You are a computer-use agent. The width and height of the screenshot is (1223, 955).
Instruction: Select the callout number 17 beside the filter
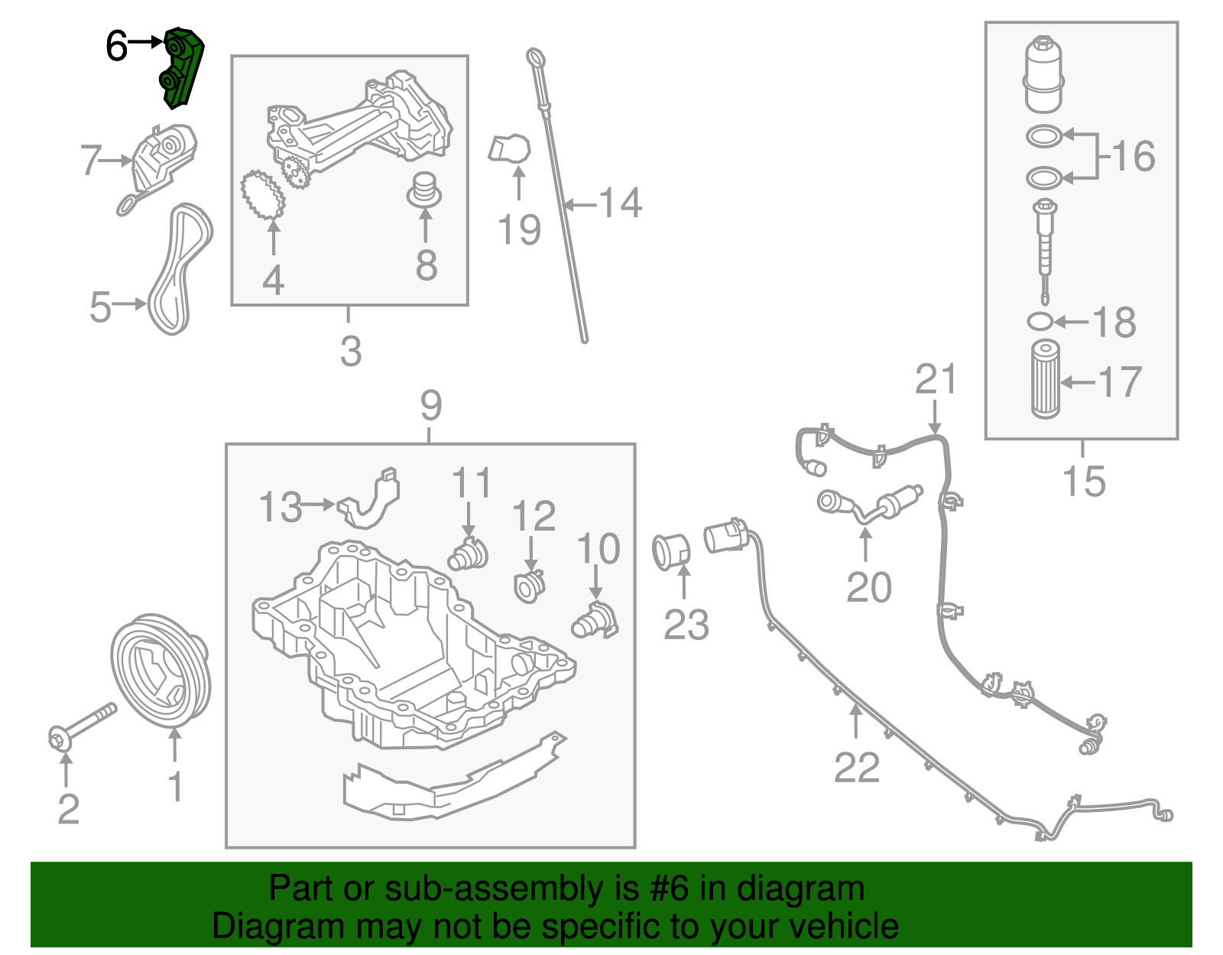click(1120, 382)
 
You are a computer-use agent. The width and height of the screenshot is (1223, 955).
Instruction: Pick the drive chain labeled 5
click(180, 268)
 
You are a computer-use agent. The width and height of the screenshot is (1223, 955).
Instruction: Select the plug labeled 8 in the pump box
click(423, 190)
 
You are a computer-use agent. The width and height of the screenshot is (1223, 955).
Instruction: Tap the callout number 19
click(519, 229)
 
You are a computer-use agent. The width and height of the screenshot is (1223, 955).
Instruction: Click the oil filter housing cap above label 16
click(1043, 74)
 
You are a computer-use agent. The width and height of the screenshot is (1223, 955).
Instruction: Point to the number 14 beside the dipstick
click(620, 203)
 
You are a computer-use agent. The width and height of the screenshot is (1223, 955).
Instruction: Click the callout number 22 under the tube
click(856, 767)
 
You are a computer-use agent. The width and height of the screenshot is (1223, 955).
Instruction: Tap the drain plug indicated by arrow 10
click(595, 621)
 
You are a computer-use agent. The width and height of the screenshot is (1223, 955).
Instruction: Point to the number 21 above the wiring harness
click(936, 379)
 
